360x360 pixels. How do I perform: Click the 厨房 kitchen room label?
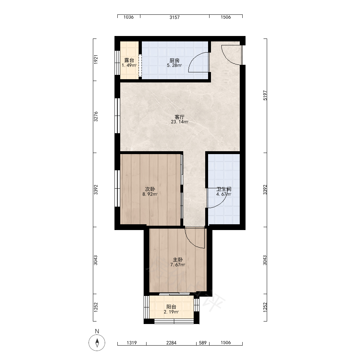[175, 60]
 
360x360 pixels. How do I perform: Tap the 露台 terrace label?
[129, 60]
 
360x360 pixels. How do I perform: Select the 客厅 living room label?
[180, 117]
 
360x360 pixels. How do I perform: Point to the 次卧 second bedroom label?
[150, 189]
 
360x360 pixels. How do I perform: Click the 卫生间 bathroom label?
[224, 189]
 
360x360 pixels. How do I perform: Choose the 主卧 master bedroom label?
[178, 260]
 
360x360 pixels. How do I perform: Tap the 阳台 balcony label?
[171, 307]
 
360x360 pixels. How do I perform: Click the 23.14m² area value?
[180, 122]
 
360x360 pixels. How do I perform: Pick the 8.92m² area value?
[150, 194]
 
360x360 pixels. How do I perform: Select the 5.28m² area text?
[175, 66]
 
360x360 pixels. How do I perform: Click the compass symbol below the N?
[97, 343]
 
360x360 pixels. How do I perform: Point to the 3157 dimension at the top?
[175, 17]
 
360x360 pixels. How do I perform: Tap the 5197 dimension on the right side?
[265, 95]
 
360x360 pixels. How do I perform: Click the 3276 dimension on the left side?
[96, 117]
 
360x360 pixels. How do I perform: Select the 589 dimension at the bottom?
[203, 343]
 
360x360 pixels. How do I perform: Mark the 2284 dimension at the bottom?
[171, 343]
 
